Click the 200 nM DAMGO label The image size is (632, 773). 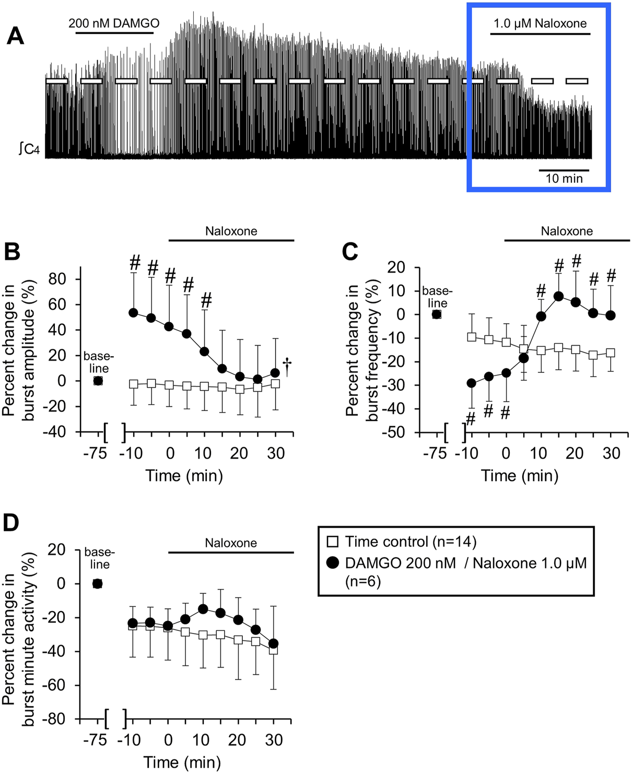(114, 24)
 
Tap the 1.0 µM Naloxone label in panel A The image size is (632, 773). (540, 24)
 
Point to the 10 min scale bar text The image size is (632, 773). (564, 179)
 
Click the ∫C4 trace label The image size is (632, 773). (29, 149)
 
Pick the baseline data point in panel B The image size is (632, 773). (98, 381)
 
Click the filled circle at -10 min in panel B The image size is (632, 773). (133, 313)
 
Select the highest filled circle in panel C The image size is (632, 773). (558, 296)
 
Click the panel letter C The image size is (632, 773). (350, 252)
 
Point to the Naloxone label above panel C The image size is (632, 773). (567, 231)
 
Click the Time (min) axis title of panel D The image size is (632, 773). (182, 762)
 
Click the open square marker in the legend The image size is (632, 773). (332, 542)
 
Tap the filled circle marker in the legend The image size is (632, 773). (332, 563)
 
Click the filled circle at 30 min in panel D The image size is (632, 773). (273, 643)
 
